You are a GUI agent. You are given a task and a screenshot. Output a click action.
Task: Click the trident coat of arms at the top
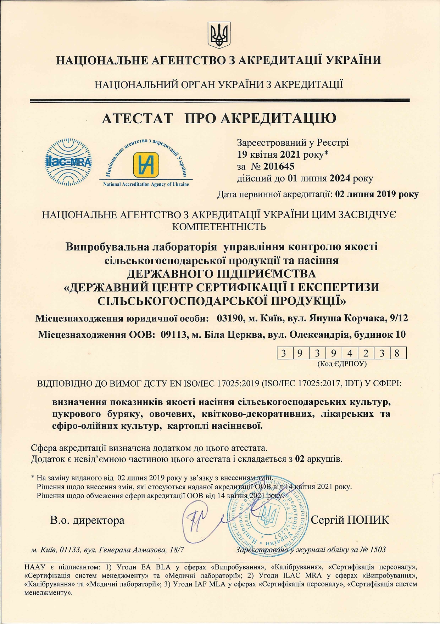219,35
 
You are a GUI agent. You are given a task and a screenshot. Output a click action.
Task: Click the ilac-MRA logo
68,162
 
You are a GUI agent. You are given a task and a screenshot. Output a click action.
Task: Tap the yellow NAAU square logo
146,165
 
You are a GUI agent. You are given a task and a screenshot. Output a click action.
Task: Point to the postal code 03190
229,318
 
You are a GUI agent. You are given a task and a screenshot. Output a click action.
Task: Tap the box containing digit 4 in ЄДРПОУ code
350,353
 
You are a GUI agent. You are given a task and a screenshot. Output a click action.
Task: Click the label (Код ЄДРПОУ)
342,364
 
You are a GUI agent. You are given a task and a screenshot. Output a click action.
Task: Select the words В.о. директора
87,520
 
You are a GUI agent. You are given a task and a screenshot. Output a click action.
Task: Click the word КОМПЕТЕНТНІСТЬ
219,226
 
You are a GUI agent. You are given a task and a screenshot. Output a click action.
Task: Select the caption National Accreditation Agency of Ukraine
146,185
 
